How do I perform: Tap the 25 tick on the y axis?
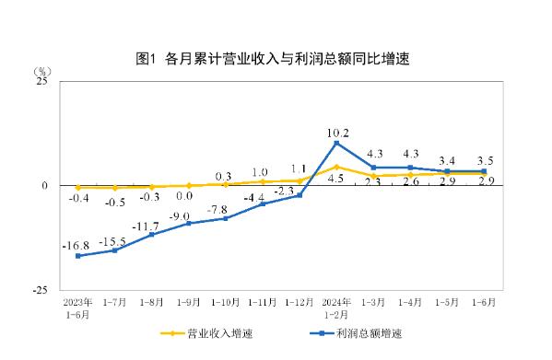pyautogui.click(x=41, y=82)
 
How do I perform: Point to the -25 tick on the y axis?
pyautogui.click(x=40, y=289)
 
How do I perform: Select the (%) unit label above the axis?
pyautogui.click(x=43, y=70)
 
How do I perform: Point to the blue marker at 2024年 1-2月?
pyautogui.click(x=336, y=143)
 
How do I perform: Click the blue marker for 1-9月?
pyautogui.click(x=189, y=223)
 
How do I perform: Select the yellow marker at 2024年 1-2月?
pyautogui.click(x=336, y=167)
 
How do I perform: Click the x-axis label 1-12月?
pyautogui.click(x=299, y=301)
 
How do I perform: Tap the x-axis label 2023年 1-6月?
pyautogui.click(x=77, y=307)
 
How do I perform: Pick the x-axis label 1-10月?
pyautogui.click(x=226, y=301)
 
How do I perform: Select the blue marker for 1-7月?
pyautogui.click(x=115, y=250)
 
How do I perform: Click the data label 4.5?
pyautogui.click(x=337, y=179)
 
